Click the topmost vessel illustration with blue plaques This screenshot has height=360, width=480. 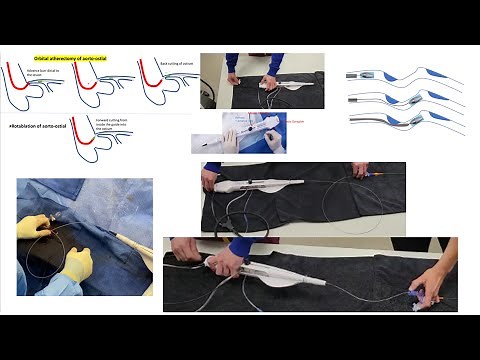(395, 77)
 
